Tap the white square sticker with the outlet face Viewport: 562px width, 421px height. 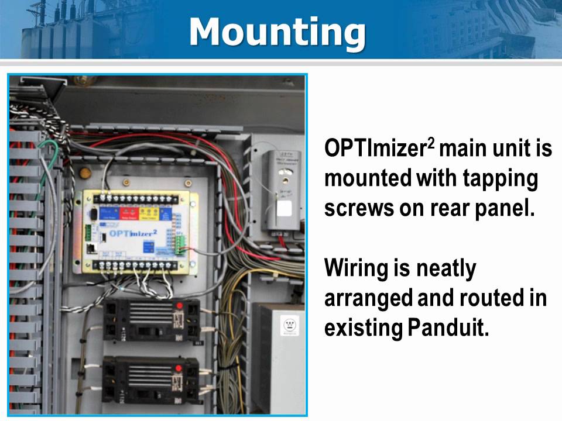[x=288, y=325]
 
